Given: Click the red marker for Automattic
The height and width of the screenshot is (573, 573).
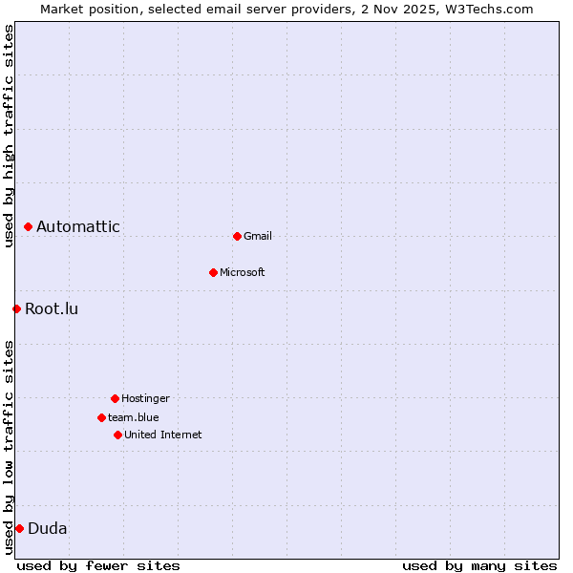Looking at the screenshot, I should [29, 226].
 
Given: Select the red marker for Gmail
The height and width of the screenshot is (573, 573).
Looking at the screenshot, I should [237, 236].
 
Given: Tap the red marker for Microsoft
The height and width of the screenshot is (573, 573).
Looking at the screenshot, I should [213, 272].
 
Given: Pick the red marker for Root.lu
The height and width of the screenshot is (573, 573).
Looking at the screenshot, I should [16, 308].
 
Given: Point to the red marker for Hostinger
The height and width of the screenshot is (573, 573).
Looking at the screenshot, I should [115, 398].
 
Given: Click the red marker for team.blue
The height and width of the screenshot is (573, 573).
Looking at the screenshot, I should [101, 417].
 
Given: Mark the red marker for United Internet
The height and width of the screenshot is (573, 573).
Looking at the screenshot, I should [117, 435].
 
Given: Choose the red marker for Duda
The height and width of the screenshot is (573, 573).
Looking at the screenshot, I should [19, 528].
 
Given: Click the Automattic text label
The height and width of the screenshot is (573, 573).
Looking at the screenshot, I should [78, 226].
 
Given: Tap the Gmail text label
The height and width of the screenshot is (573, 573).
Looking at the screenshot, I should [258, 236].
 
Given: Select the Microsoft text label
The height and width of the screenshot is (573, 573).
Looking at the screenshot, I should [243, 272].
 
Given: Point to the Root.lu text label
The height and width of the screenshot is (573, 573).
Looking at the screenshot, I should [52, 308].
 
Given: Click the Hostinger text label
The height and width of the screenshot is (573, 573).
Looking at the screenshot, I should [145, 398].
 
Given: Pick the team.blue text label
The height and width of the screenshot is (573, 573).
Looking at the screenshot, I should [134, 417].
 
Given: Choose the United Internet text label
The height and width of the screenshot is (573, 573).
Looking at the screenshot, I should [163, 435].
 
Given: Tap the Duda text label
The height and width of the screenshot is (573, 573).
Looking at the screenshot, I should [48, 528].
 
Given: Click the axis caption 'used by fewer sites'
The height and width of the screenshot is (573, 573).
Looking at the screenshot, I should [98, 565].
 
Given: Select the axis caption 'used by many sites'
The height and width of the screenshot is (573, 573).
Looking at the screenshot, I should [479, 565].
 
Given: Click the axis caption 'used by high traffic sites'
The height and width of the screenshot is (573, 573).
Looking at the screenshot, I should [10, 136].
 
